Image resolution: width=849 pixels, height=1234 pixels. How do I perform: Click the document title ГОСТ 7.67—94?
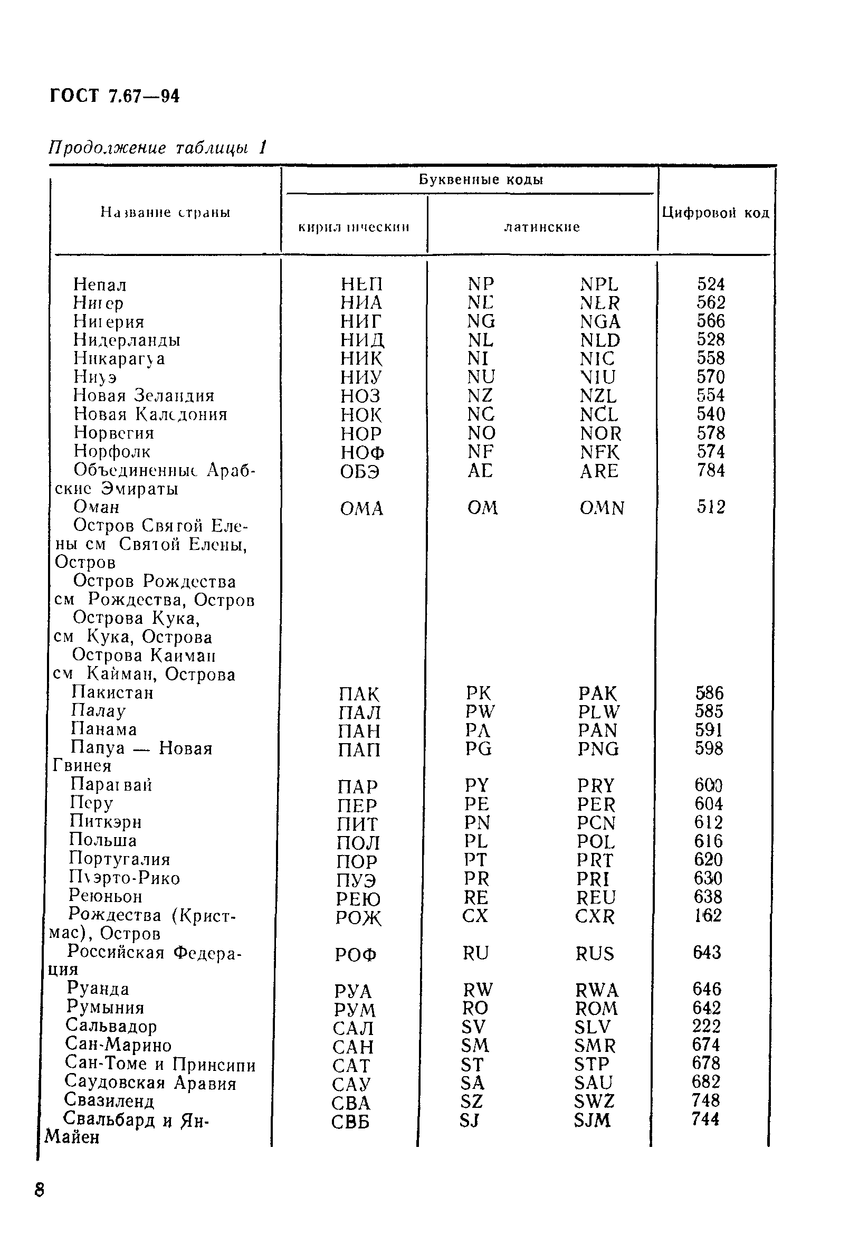115,96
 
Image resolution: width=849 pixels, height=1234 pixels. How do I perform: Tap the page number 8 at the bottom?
40,1189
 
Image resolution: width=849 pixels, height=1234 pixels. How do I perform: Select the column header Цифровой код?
715,213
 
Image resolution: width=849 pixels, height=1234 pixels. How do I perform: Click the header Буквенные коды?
480,180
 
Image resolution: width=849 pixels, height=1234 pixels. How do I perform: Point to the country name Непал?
100,285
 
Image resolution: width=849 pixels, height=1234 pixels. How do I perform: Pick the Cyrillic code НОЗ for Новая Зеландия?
360,396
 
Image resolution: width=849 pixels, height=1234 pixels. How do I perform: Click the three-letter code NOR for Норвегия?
600,434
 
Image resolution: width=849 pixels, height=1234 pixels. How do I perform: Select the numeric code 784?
711,471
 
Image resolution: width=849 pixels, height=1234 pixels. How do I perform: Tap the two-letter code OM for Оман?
482,509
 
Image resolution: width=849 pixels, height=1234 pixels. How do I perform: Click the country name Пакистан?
112,693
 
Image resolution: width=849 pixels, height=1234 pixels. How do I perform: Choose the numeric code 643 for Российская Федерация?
707,952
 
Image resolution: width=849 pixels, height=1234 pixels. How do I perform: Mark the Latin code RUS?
594,953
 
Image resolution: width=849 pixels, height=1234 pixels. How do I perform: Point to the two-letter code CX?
475,916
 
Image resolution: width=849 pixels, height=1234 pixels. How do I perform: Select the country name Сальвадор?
111,1026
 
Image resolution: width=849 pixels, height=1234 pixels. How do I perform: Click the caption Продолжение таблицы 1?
157,147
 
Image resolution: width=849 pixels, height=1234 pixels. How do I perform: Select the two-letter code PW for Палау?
480,712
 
